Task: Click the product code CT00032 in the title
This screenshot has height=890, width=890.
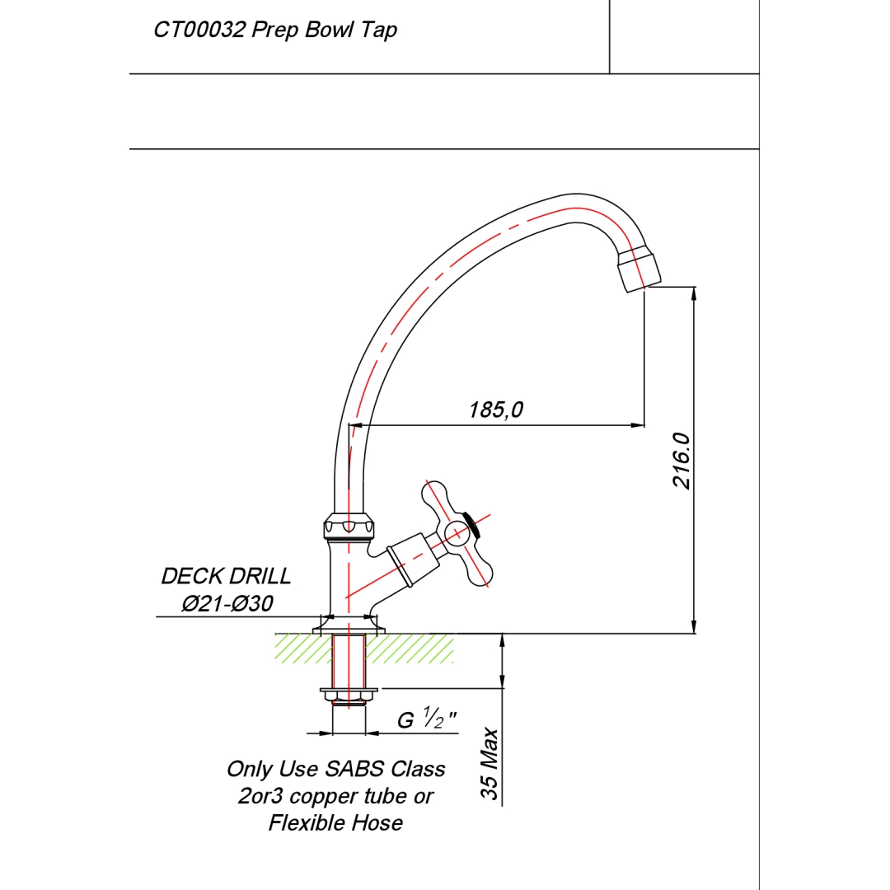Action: [x=199, y=30]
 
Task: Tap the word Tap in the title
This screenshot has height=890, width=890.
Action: [x=379, y=30]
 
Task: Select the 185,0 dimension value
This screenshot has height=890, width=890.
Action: [x=496, y=410]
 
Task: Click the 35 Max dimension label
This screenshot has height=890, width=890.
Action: [x=490, y=764]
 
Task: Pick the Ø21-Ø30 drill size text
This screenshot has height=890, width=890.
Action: [x=227, y=604]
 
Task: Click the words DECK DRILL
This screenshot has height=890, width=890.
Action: [x=226, y=576]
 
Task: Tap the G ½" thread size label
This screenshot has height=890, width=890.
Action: [x=427, y=719]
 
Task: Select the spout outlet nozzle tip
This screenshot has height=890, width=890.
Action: [x=639, y=269]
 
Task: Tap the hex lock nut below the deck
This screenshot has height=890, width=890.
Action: [x=349, y=696]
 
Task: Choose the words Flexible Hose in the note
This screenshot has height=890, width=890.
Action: [x=335, y=822]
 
